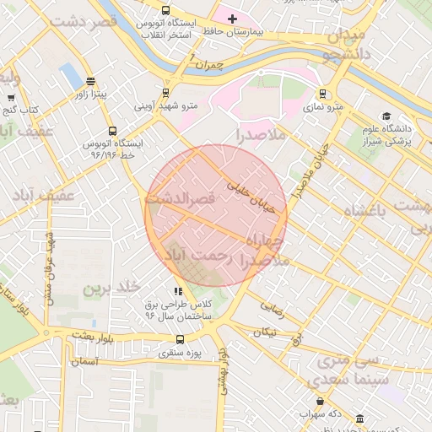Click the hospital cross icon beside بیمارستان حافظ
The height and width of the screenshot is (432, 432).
[x=233, y=18]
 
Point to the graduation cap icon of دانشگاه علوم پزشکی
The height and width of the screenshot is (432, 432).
[x=386, y=116]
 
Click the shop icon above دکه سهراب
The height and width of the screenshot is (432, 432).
[x=320, y=402]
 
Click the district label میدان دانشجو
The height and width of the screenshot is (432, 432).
[x=343, y=46]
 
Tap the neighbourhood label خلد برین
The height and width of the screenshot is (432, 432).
[x=110, y=289]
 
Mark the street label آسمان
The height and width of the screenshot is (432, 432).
[x=84, y=360]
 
